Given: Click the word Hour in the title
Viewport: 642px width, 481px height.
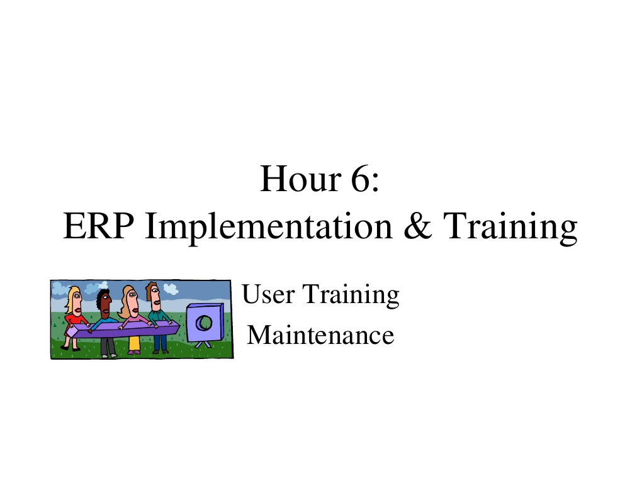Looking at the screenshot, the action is (300, 179).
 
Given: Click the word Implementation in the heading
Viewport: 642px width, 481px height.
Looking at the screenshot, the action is (269, 228).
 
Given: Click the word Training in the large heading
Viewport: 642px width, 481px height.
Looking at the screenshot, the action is (510, 228).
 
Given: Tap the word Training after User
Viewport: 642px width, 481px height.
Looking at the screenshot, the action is (351, 296).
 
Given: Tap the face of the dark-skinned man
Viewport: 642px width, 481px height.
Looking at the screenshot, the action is (105, 305).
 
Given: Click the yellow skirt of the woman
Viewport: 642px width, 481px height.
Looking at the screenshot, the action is (134, 344).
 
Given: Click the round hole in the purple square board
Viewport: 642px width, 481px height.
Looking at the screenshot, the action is (203, 323).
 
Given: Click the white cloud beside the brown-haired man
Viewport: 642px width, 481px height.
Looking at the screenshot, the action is (171, 289).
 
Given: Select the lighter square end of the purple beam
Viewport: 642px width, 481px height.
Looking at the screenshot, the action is (72, 332).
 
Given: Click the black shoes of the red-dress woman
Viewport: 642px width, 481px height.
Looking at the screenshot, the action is (70, 349).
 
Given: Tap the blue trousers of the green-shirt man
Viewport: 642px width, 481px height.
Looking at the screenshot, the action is (160, 343).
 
